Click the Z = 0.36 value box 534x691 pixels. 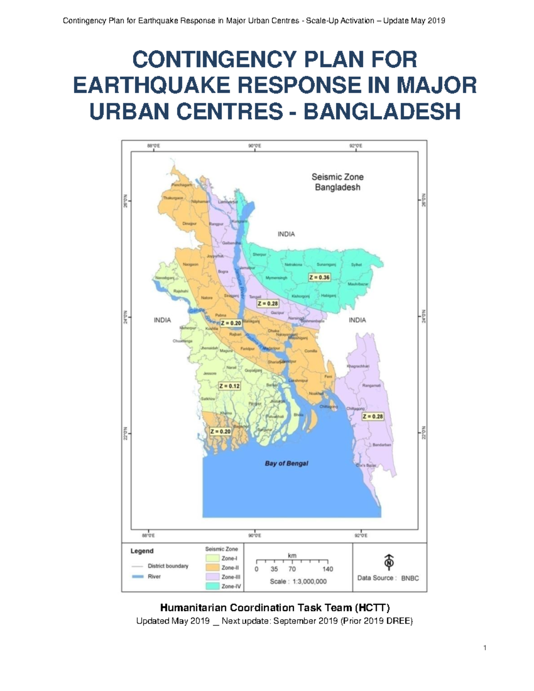pos(320,277)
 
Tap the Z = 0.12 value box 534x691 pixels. pos(229,386)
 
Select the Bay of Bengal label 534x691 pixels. pos(287,463)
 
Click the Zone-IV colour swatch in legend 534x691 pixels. pos(212,586)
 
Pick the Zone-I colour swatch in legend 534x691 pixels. pos(212,558)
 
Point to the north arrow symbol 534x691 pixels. pos(389,562)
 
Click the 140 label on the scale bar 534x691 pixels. pos(328,569)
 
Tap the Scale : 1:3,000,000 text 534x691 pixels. pos(298,582)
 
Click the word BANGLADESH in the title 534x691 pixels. pos(382,111)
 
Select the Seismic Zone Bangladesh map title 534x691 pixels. pos(337,182)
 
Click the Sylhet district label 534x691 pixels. pos(356,265)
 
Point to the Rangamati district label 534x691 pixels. pos(371,386)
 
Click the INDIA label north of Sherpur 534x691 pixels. pos(286,234)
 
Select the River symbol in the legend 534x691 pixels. pos(138,577)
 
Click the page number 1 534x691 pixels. pos(485,648)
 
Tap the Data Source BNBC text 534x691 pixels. pos(388,578)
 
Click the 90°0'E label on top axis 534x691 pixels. pos(254,145)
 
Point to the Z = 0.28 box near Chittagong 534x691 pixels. pos(372,416)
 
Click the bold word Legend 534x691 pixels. pos(142,551)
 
